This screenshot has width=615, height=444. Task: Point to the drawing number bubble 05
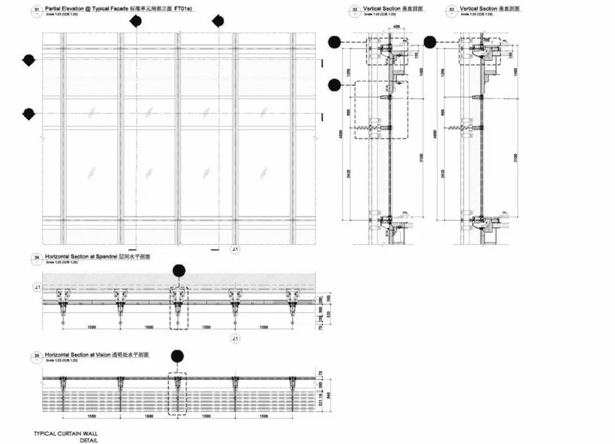tap(37, 355)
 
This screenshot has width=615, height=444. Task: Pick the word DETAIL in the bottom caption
tap(88, 439)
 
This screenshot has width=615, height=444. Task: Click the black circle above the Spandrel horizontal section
tap(179, 270)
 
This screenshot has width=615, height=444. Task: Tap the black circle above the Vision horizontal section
tap(178, 356)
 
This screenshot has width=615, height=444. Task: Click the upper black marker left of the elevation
tap(28, 60)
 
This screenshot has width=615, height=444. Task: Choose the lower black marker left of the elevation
tap(28, 114)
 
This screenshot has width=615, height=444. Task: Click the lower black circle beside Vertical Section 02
tap(334, 85)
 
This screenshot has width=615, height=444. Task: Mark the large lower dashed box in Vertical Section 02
tap(381, 109)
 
